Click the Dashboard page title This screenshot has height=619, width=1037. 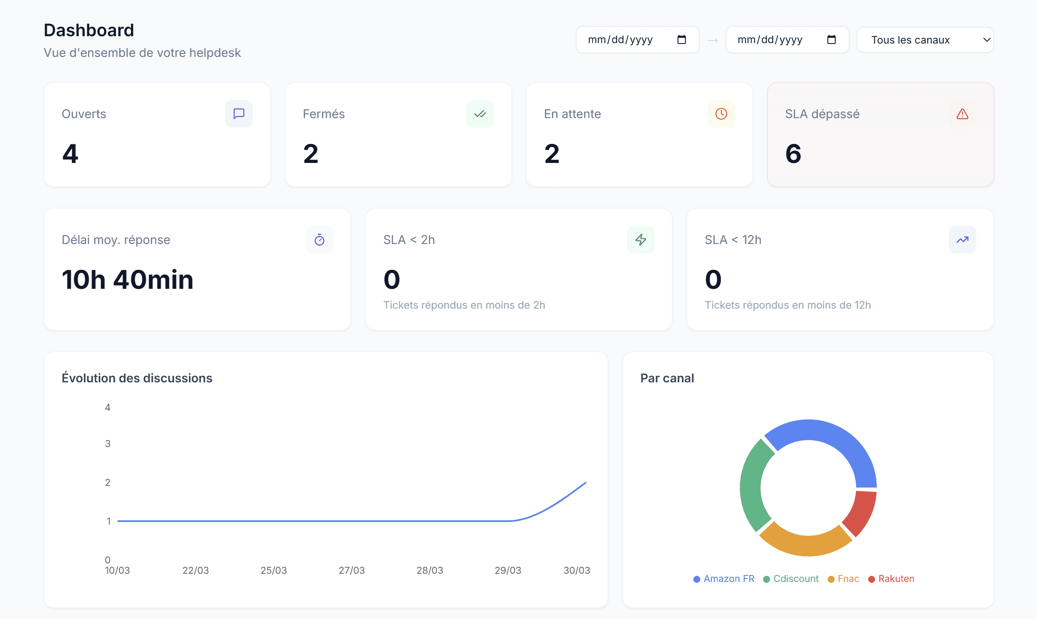[89, 30]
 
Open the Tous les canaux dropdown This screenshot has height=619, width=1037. [925, 40]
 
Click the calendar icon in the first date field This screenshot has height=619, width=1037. [681, 40]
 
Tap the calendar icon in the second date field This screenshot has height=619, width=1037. [831, 40]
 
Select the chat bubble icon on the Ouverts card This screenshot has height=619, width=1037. [239, 114]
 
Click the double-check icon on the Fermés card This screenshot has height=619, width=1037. [480, 114]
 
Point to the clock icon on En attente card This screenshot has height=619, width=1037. [721, 114]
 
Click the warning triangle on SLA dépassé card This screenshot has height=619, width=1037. [962, 114]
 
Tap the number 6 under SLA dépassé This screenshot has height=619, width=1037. [793, 154]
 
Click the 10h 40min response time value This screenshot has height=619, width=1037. [127, 280]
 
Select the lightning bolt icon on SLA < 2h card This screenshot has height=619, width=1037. [641, 240]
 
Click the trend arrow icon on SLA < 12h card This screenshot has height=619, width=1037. [962, 240]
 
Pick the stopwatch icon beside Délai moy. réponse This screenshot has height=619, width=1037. [320, 240]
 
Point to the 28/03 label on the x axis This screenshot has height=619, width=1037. [430, 570]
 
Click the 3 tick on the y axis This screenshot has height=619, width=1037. [108, 444]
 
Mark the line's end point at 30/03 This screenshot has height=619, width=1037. [586, 483]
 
